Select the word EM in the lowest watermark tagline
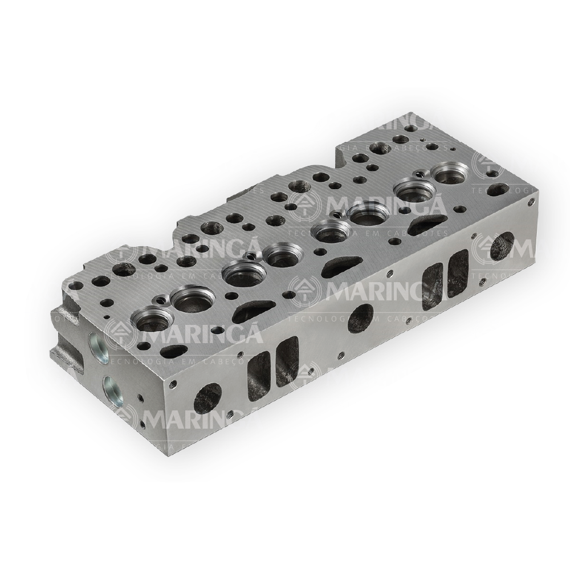point(189,446)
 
